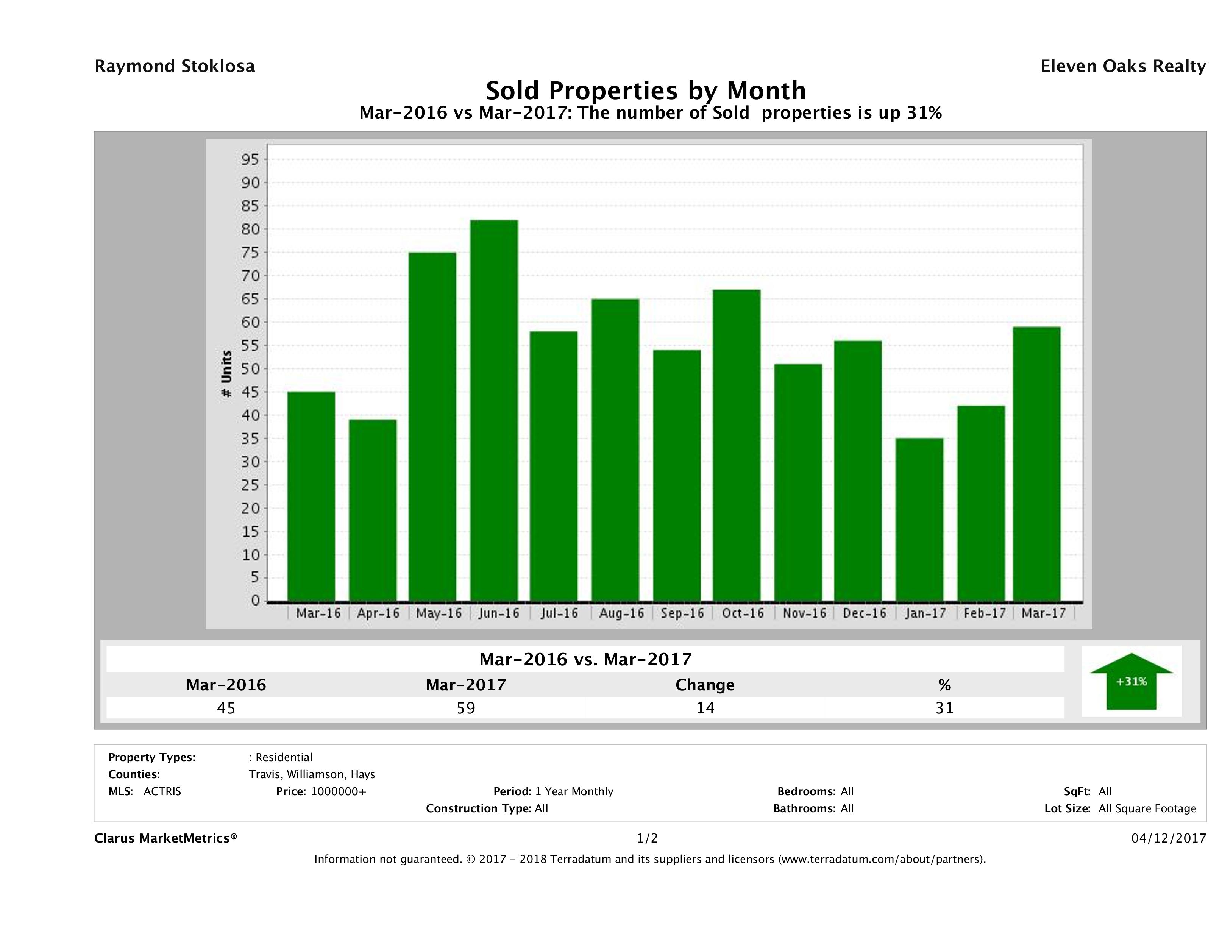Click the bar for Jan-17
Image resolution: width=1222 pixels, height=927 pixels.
(919, 519)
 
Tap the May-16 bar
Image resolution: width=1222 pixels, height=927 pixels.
(432, 426)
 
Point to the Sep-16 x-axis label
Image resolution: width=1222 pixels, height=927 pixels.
(682, 613)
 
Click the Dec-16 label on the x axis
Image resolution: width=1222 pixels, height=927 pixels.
(864, 613)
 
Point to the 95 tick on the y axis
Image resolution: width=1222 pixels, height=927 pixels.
(250, 160)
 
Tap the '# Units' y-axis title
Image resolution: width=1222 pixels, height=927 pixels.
(226, 374)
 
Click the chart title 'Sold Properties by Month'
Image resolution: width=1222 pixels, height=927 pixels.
(645, 90)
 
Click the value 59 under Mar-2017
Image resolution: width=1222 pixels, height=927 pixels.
(466, 708)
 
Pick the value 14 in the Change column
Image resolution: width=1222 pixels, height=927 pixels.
(705, 708)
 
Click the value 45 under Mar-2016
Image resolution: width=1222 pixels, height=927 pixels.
(226, 708)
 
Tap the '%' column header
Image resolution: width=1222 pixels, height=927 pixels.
(944, 685)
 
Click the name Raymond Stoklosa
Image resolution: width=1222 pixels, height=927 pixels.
(175, 66)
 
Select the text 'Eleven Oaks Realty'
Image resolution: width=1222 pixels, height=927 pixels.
(1122, 66)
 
